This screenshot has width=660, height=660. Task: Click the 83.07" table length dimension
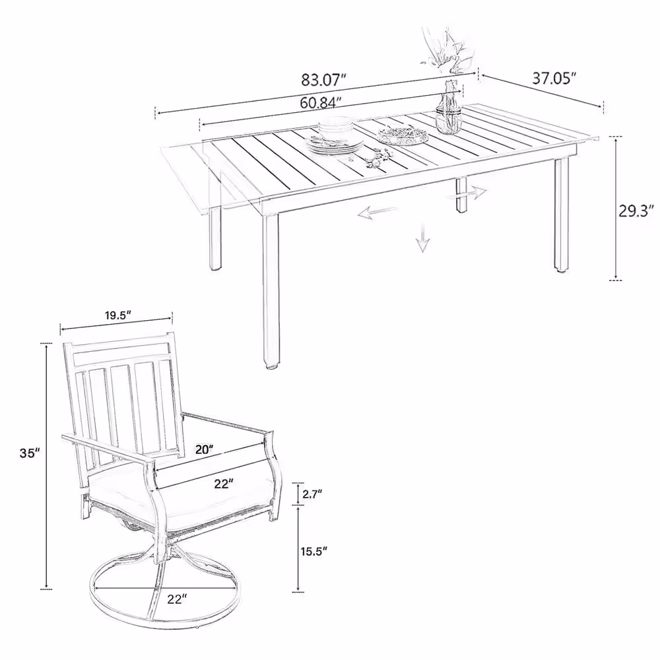pos(323,79)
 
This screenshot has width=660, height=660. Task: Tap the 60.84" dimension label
pos(320,102)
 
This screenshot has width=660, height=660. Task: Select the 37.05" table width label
pos(554,79)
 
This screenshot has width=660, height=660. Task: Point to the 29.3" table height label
pos(636,211)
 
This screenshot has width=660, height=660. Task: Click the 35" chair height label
pos(30,453)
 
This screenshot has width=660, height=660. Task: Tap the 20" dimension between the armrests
pos(205,449)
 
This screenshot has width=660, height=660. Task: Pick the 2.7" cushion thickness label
pos(312,493)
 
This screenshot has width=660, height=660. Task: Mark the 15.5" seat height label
pos(314,551)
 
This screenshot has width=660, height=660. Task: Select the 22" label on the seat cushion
pos(224,484)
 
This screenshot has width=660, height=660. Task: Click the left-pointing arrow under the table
pos(378,213)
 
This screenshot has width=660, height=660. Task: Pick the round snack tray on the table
pos(403,135)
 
